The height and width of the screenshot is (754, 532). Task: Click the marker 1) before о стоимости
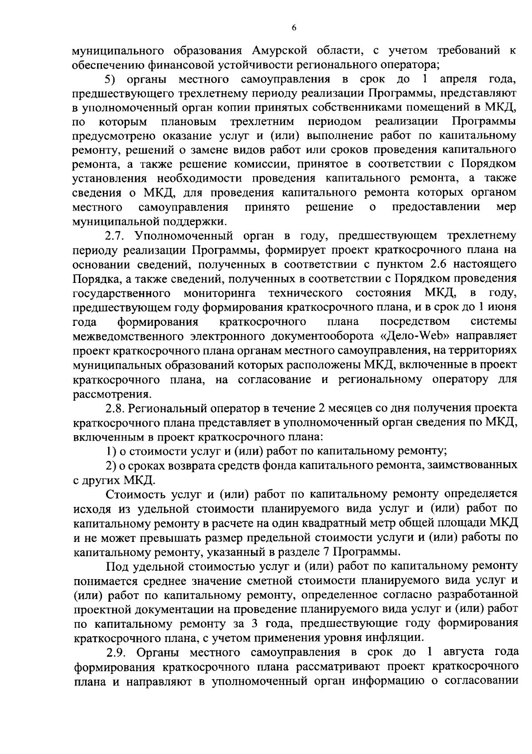[x=111, y=451]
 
